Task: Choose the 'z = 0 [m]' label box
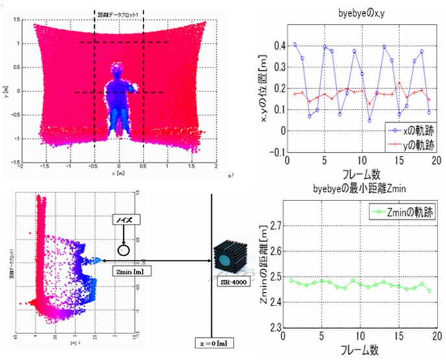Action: [x=212, y=342]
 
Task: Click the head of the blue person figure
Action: [x=116, y=69]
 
